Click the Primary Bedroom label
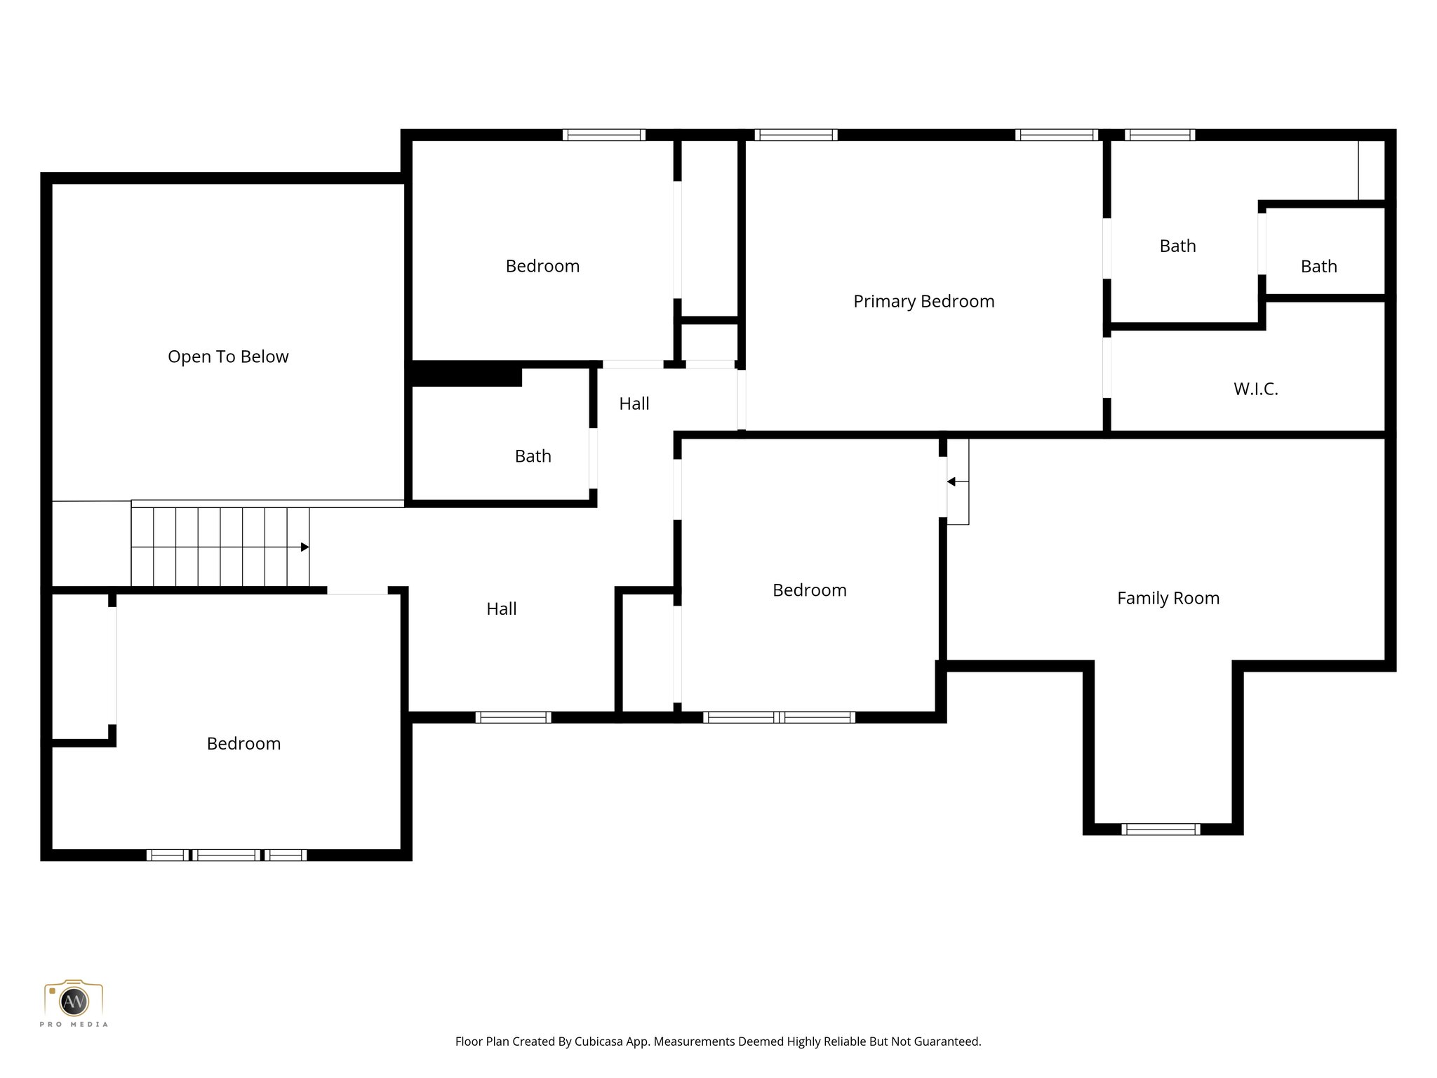click(x=923, y=301)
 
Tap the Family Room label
click(x=1168, y=598)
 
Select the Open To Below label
click(x=228, y=357)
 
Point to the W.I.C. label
click(x=1256, y=389)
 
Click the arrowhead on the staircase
click(x=305, y=547)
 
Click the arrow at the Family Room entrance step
click(x=951, y=481)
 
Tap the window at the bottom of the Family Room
click(x=1161, y=829)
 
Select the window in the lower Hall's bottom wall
click(x=513, y=717)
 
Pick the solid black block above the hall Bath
click(x=466, y=374)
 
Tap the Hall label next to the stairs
click(x=502, y=608)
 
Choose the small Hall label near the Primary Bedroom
click(x=634, y=404)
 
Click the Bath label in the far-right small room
click(x=1318, y=267)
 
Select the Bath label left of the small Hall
click(x=533, y=456)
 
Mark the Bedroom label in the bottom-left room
click(x=243, y=743)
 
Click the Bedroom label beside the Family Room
click(x=809, y=590)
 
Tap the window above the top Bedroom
click(x=603, y=135)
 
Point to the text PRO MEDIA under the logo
click(x=74, y=1025)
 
